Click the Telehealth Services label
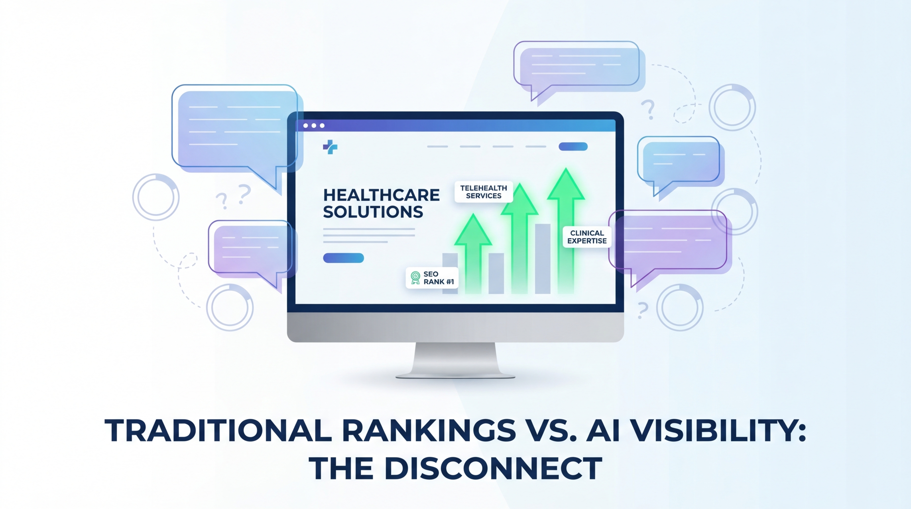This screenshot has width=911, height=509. [x=483, y=192]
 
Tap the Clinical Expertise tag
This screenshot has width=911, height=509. [x=587, y=237]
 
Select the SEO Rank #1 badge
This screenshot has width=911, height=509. [x=432, y=278]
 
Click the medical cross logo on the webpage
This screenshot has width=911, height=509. [x=330, y=147]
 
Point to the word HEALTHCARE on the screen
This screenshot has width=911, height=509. [x=381, y=195]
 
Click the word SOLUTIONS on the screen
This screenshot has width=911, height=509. [x=373, y=212]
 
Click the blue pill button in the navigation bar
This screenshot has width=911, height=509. [x=573, y=146]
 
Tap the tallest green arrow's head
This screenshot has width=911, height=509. [x=566, y=184]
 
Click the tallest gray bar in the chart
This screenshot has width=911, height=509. [x=543, y=258]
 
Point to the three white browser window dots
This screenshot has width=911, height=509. [x=314, y=126]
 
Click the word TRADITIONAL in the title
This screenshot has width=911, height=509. [x=218, y=430]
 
